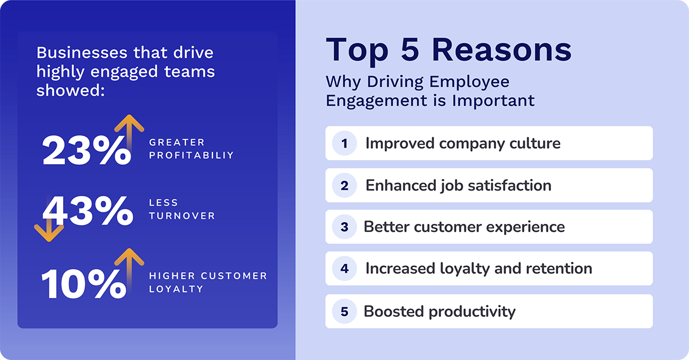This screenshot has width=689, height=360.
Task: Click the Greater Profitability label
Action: coord(191,149)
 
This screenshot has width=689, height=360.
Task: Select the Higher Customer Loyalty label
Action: coord(208,282)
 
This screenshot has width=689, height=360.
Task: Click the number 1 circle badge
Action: coord(344,143)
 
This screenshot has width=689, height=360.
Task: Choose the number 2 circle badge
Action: coord(344,185)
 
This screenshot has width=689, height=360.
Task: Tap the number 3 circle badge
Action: coord(344,227)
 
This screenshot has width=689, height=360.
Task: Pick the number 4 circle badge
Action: coord(344,269)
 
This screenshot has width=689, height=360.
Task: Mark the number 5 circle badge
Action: coord(344,312)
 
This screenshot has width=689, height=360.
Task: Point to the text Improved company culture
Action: coord(463,143)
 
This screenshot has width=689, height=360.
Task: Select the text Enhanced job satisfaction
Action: coord(458,185)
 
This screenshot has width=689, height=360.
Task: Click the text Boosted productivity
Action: coord(439,312)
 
